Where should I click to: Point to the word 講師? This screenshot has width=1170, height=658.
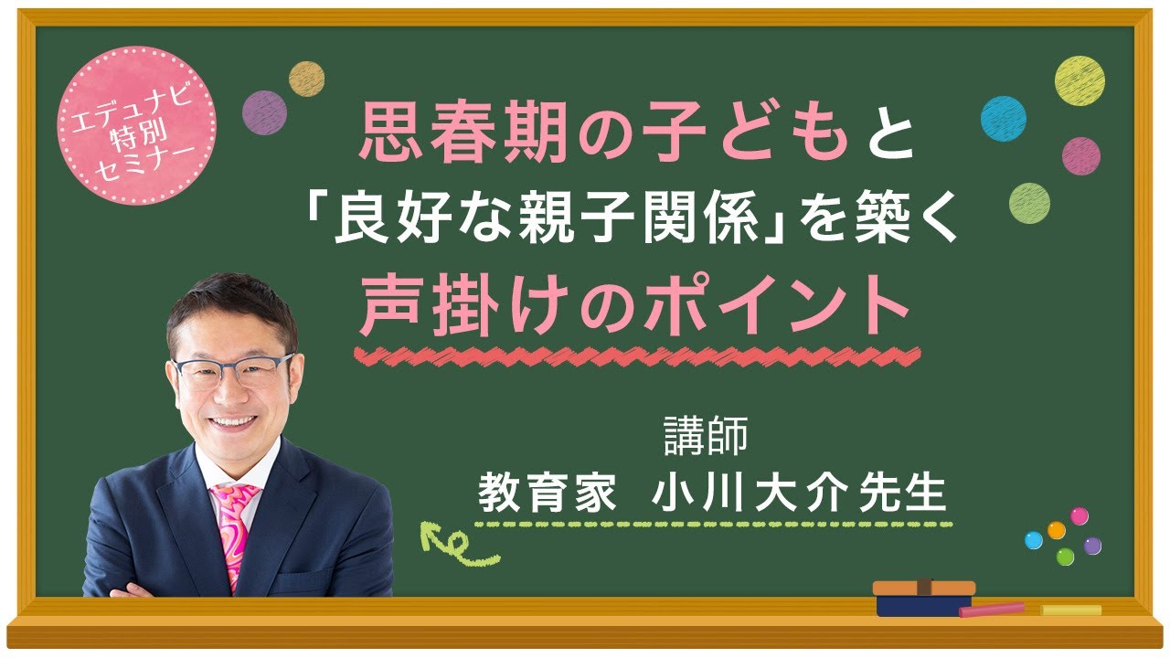pyautogui.click(x=706, y=436)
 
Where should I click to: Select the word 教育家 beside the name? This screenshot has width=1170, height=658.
pyautogui.click(x=545, y=493)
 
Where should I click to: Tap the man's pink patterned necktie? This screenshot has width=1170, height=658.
pyautogui.click(x=234, y=531)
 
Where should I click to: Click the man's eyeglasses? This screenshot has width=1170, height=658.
pyautogui.click(x=233, y=370)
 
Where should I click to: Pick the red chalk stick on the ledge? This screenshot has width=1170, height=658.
pyautogui.click(x=992, y=609)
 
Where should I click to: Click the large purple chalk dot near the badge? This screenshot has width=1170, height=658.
pyautogui.click(x=265, y=112)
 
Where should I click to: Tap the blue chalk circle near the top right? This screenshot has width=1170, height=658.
pyautogui.click(x=1004, y=117)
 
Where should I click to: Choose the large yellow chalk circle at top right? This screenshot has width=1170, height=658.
pyautogui.click(x=1080, y=80)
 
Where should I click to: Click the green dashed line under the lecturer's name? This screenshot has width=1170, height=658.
pyautogui.click(x=713, y=525)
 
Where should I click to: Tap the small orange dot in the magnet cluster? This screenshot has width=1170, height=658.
pyautogui.click(x=1056, y=530)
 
